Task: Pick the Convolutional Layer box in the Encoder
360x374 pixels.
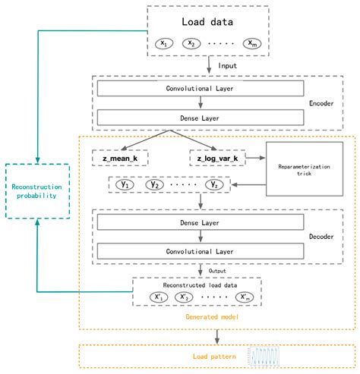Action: click(x=200, y=90)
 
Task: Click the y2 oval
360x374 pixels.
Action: click(x=156, y=184)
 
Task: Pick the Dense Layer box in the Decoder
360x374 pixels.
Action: click(x=200, y=224)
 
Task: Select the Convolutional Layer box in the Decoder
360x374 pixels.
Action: click(x=200, y=251)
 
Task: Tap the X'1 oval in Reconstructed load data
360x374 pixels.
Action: click(x=159, y=297)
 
